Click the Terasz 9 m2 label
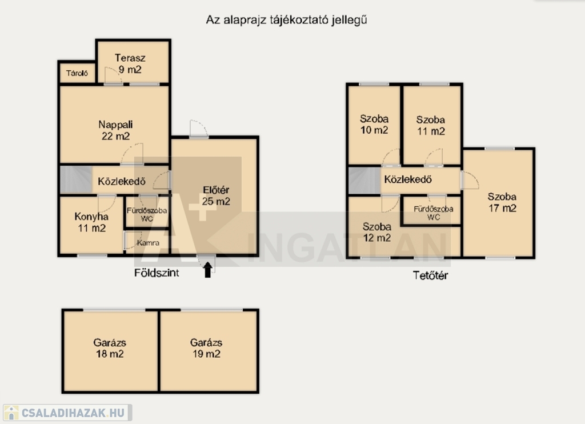[x=130, y=64]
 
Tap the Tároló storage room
[x=77, y=73]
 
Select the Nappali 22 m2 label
[x=115, y=130]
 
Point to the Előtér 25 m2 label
[x=216, y=195]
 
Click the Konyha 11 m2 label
[x=92, y=222]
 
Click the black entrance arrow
[x=208, y=270]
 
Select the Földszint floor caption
[x=157, y=273]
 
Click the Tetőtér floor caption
[x=430, y=275]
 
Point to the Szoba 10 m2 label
[x=374, y=125]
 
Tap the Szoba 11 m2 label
[x=431, y=125]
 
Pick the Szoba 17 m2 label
[x=502, y=202]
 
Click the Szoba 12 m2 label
[x=377, y=232]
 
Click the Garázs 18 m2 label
[x=110, y=348]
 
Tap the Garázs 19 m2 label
[x=206, y=348]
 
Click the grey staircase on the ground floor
[x=76, y=179]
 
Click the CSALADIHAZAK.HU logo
[x=67, y=413]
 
